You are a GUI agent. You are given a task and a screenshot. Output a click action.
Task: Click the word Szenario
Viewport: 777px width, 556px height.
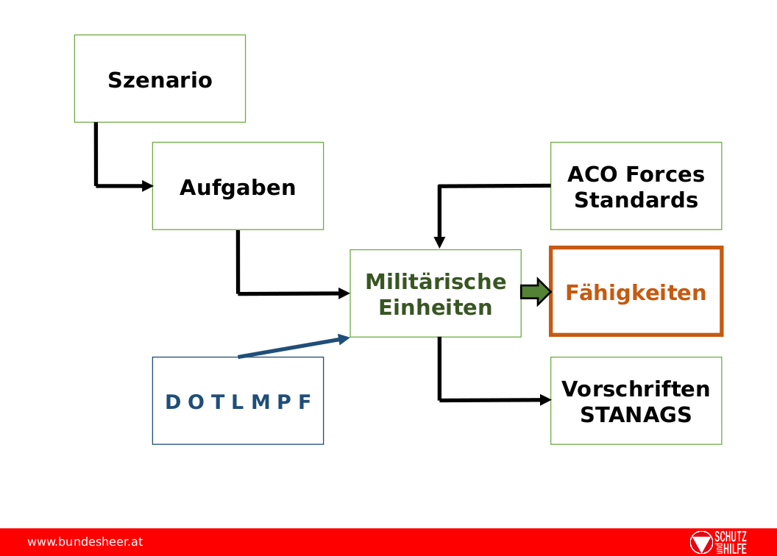[x=160, y=80]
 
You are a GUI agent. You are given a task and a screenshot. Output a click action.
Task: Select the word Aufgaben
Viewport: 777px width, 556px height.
[x=238, y=188]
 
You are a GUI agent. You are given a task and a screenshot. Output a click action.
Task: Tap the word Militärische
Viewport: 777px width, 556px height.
[x=436, y=281]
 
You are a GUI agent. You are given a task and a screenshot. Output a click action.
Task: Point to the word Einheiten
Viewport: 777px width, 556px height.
[x=436, y=307]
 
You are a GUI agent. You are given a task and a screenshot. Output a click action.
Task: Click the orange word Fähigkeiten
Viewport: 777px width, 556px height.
[x=636, y=293]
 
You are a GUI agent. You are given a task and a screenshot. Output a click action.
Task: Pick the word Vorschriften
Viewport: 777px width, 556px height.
[x=636, y=389]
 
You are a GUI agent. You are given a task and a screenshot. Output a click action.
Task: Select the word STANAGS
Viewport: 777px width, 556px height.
[x=636, y=415]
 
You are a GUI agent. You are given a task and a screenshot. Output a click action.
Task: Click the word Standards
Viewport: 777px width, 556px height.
[x=636, y=201]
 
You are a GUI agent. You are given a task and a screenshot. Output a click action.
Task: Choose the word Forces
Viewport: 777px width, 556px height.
[x=665, y=174]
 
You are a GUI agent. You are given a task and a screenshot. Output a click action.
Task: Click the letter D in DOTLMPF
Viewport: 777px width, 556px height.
[x=173, y=402]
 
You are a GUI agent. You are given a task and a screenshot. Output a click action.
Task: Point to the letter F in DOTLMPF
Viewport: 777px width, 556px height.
[x=305, y=402]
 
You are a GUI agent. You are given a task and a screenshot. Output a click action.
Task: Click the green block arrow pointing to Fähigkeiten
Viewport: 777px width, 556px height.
[x=536, y=292]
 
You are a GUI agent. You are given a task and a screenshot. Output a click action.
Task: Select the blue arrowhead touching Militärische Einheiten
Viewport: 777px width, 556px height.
[x=344, y=339]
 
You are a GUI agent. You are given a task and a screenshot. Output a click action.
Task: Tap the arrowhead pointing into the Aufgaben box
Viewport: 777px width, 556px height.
[x=148, y=186]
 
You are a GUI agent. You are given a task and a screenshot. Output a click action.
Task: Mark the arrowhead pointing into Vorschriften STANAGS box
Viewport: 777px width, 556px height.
[x=545, y=400]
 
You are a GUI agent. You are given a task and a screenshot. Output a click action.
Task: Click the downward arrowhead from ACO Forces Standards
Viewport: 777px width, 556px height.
[x=439, y=243]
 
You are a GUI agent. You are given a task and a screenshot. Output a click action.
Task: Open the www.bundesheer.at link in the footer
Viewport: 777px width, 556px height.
[x=85, y=542]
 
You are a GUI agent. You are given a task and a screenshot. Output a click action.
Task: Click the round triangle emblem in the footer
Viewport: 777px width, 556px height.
[x=701, y=543]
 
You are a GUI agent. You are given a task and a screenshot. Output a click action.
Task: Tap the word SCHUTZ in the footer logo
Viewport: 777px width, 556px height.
[x=731, y=537]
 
